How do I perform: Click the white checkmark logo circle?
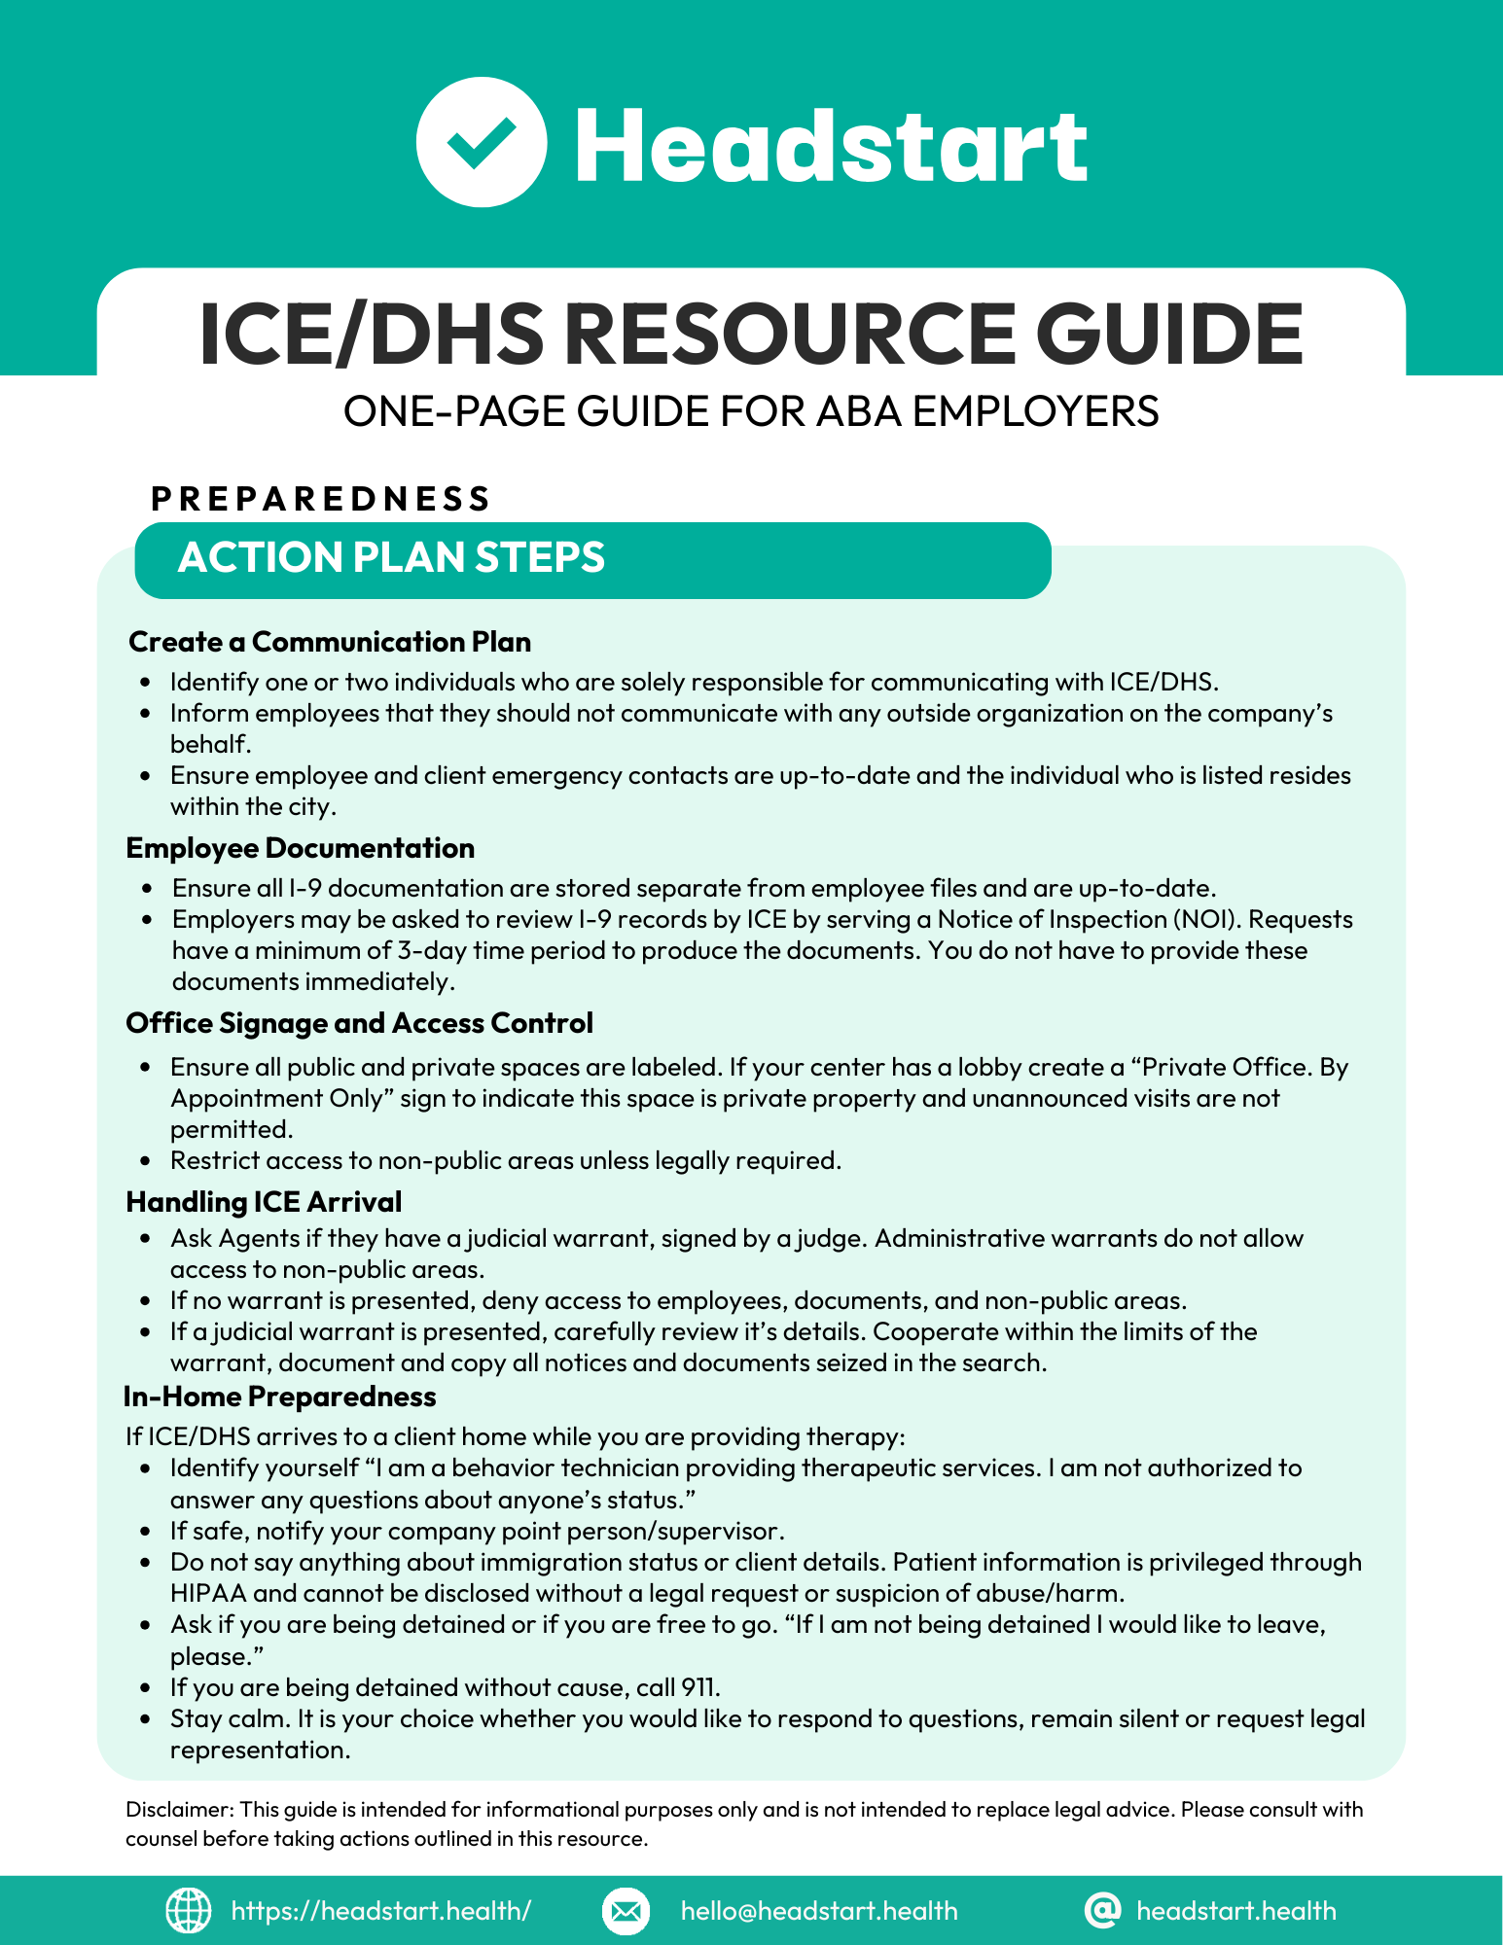pyautogui.click(x=482, y=142)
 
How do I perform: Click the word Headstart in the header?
pyautogui.click(x=831, y=146)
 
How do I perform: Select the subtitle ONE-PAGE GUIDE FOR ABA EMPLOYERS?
pyautogui.click(x=751, y=411)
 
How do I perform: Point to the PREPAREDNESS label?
pyautogui.click(x=321, y=499)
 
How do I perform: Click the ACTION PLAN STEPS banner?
pyautogui.click(x=591, y=559)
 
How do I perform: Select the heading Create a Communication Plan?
pyautogui.click(x=330, y=642)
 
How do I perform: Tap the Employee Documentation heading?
pyautogui.click(x=300, y=848)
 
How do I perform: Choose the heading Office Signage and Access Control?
pyautogui.click(x=359, y=1023)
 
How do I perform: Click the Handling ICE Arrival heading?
pyautogui.click(x=264, y=1202)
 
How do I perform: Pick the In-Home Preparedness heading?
pyautogui.click(x=279, y=1397)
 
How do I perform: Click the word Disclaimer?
pyautogui.click(x=179, y=1809)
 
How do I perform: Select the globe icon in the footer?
pyautogui.click(x=188, y=1910)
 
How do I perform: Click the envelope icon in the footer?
pyautogui.click(x=626, y=1911)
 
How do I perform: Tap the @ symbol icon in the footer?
pyautogui.click(x=1101, y=1910)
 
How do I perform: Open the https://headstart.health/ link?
pyautogui.click(x=380, y=1911)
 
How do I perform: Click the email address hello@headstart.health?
pyautogui.click(x=819, y=1911)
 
